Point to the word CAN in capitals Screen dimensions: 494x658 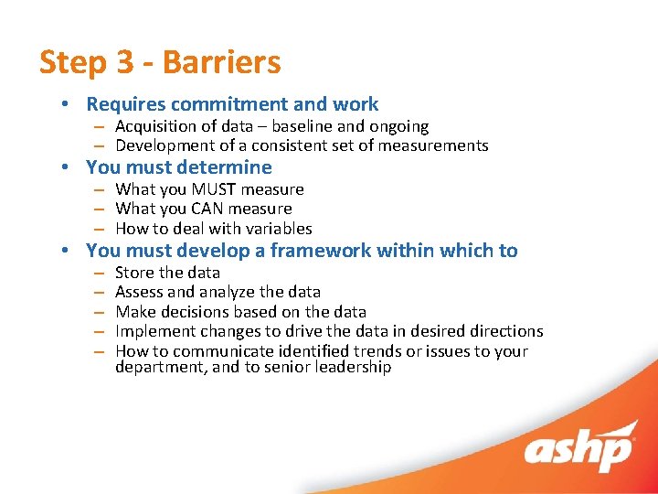coord(209,209)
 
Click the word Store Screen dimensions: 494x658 coord(134,273)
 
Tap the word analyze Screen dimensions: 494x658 coord(237,292)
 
